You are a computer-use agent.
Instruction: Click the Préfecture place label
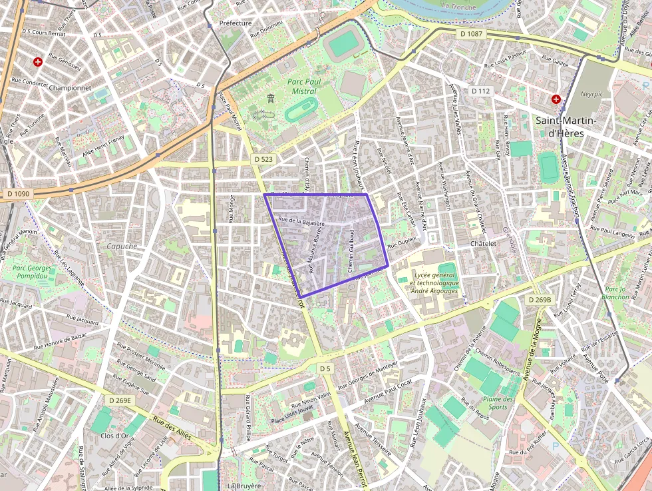[236, 23]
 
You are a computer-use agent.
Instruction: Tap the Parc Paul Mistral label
[303, 86]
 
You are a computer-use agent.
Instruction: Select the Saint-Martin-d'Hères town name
[566, 127]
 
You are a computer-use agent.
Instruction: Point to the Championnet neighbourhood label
[70, 87]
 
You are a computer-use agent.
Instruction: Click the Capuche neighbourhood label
[122, 246]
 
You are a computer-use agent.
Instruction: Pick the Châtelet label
[483, 244]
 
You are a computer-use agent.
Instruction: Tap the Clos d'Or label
[114, 436]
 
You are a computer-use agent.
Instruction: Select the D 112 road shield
[480, 91]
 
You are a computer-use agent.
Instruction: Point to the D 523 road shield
[263, 160]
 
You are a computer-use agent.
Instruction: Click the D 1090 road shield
[19, 193]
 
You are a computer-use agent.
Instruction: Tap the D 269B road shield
[540, 300]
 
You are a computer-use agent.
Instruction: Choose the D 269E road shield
[120, 400]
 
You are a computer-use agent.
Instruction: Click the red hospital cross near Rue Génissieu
[38, 62]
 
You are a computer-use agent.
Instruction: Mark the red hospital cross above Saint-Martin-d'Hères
[556, 99]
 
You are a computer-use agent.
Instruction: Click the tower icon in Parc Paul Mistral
[270, 99]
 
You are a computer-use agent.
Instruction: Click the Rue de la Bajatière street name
[301, 221]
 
